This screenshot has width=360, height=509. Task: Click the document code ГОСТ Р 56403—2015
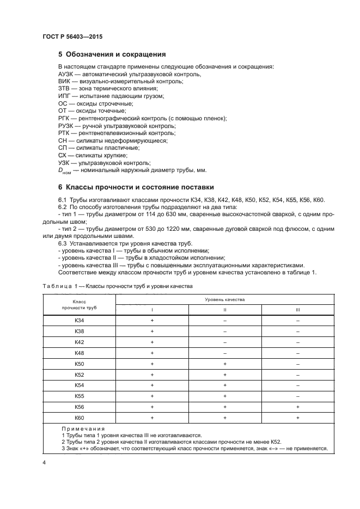[72, 36]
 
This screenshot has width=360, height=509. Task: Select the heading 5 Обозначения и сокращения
[112, 54]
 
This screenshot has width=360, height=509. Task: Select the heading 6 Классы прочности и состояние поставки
[136, 187]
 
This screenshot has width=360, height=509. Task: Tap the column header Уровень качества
[224, 299]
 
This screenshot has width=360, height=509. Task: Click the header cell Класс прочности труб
[79, 304]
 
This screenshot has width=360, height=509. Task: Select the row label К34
[79, 321]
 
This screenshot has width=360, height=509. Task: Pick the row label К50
[79, 364]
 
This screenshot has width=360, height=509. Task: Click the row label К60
[79, 418]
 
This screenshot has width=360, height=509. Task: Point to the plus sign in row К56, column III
[298, 407]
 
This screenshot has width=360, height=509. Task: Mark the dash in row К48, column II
[224, 353]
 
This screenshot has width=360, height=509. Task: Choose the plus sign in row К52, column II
[224, 375]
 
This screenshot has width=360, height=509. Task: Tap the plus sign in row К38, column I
[152, 332]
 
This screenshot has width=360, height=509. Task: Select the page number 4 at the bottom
[44, 462]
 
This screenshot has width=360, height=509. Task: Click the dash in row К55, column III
[298, 396]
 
